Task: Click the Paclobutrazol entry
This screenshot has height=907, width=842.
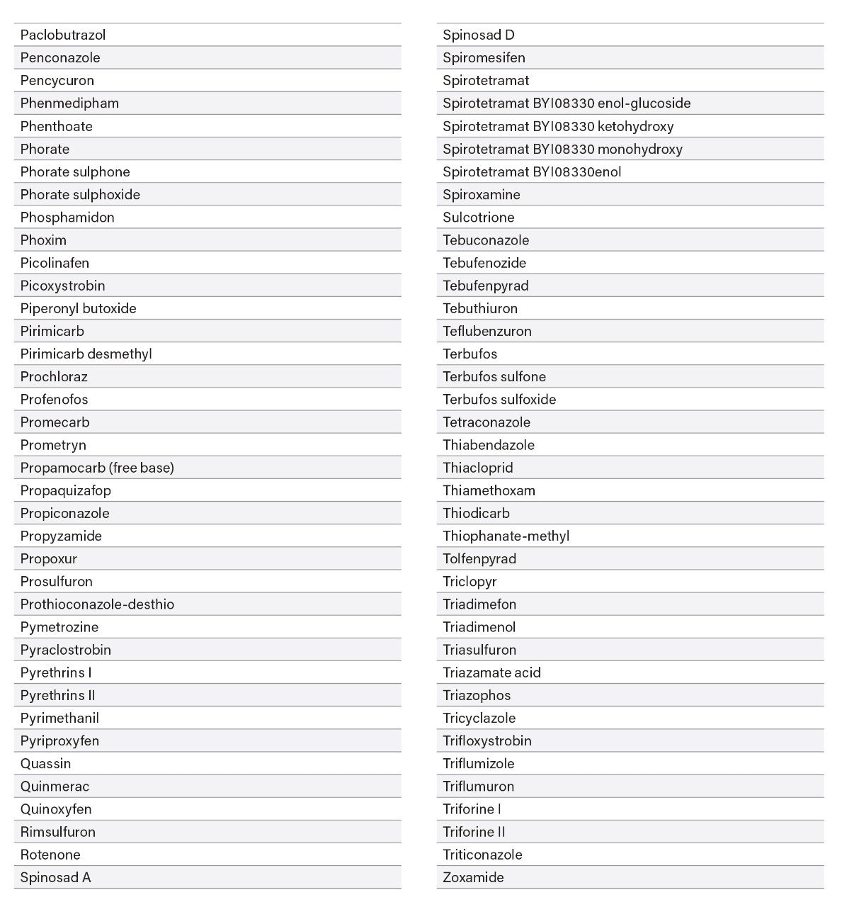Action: pyautogui.click(x=63, y=35)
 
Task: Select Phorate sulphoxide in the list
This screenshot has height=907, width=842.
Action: pyautogui.click(x=80, y=194)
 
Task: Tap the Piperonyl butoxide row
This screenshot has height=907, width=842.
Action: pyautogui.click(x=78, y=308)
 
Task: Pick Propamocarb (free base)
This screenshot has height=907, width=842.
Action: pyautogui.click(x=97, y=468)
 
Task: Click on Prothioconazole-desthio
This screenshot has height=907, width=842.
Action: pyautogui.click(x=97, y=604)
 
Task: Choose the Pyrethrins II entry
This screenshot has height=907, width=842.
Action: pyautogui.click(x=57, y=695)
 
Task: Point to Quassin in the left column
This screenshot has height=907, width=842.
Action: pyautogui.click(x=45, y=763)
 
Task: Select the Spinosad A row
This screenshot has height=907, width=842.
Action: pyautogui.click(x=55, y=877)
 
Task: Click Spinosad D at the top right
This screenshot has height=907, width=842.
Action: pyautogui.click(x=479, y=35)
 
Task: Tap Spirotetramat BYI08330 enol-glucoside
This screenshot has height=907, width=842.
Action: pyautogui.click(x=567, y=103)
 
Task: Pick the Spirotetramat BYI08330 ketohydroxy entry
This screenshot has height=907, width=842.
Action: pyautogui.click(x=558, y=126)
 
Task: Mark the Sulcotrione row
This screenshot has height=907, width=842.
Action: pyautogui.click(x=479, y=218)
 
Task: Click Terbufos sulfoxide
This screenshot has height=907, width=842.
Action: pyautogui.click(x=499, y=400)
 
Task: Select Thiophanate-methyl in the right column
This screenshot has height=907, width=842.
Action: pyautogui.click(x=506, y=536)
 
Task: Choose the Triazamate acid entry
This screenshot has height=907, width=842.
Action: pyautogui.click(x=491, y=672)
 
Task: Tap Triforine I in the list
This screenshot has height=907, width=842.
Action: pyautogui.click(x=472, y=809)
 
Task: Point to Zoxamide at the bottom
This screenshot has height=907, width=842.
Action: pyautogui.click(x=473, y=877)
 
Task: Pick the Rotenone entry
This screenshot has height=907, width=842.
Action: pyautogui.click(x=50, y=855)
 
